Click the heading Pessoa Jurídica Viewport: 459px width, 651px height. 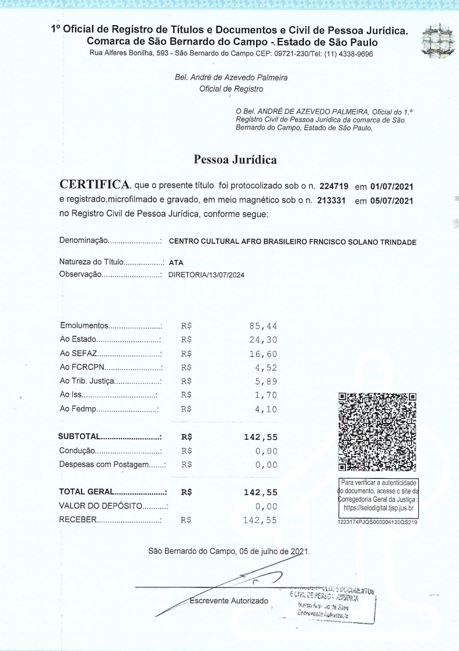point(235,159)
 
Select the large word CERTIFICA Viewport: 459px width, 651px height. point(95,185)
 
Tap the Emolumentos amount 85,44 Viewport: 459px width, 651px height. point(263,325)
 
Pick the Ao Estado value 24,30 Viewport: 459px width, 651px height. point(263,339)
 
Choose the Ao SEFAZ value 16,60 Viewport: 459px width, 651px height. point(263,353)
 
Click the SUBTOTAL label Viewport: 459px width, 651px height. point(80,436)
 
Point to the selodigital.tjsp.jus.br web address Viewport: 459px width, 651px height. point(379,509)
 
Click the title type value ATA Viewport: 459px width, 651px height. point(176,262)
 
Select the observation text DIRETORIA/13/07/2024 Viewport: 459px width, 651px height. point(206,275)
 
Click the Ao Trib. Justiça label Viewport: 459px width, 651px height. point(85,381)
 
